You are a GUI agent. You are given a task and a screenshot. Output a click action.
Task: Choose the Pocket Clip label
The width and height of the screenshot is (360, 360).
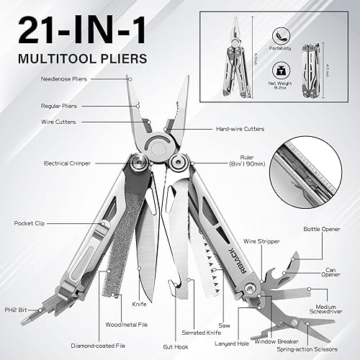pos(27,223)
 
